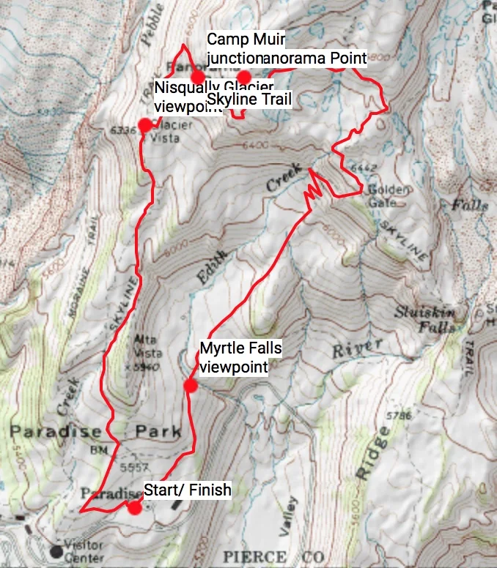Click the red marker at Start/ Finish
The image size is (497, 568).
click(x=134, y=507)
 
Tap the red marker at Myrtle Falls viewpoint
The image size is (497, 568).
click(x=191, y=386)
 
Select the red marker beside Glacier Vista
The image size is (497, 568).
click(x=145, y=124)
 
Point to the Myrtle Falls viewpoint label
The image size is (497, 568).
click(x=240, y=357)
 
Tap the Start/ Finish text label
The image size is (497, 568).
click(x=187, y=490)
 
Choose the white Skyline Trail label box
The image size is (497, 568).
click(x=249, y=99)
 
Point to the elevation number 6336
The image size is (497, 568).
click(x=125, y=130)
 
